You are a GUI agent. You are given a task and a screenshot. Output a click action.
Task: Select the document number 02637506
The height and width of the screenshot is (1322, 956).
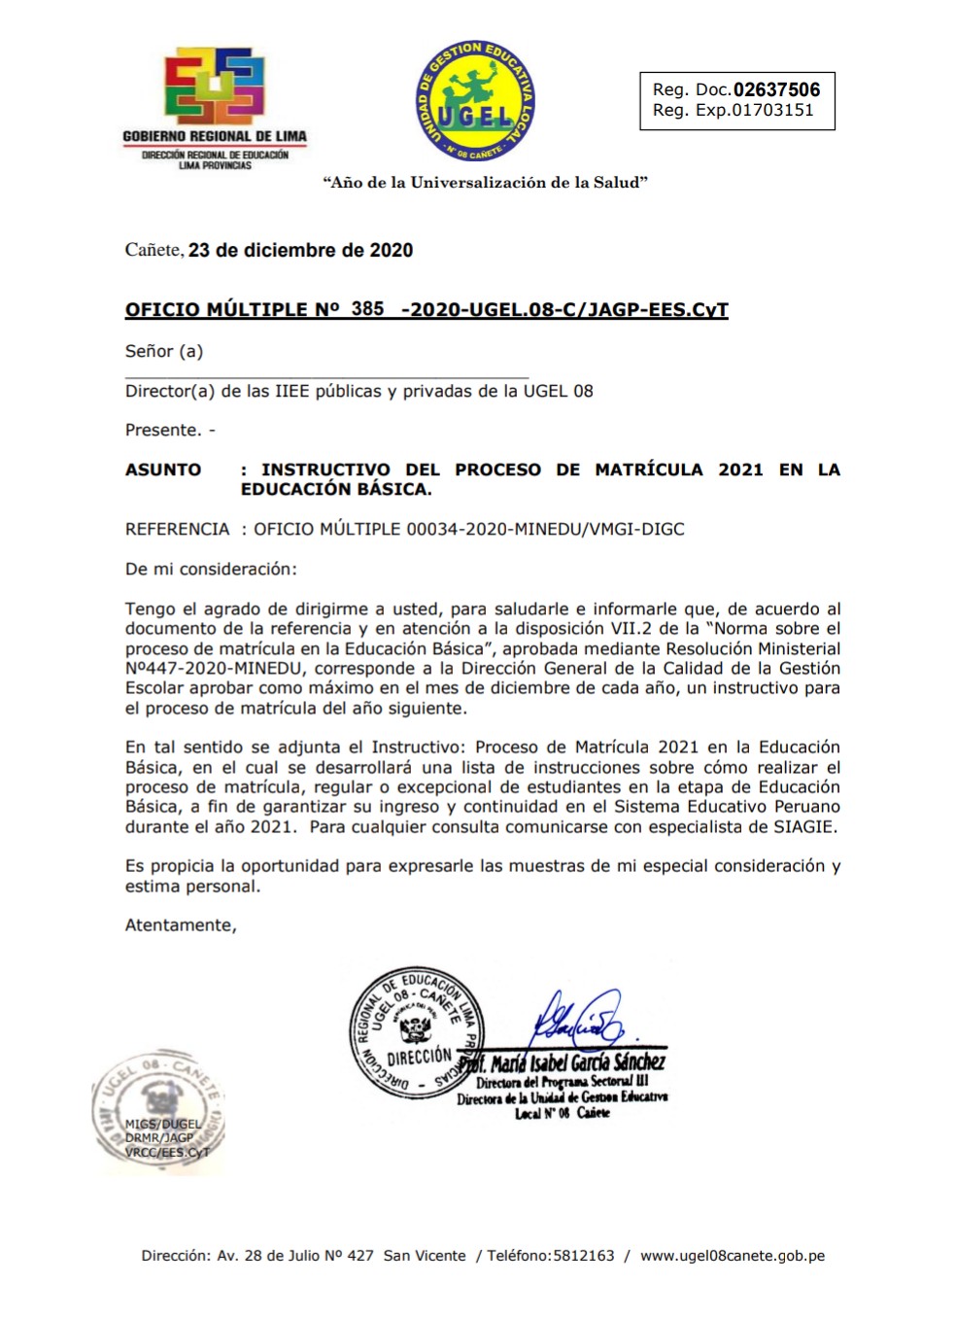coord(776,89)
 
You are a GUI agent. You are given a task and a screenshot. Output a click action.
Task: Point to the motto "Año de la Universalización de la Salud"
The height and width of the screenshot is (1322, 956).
coord(485,182)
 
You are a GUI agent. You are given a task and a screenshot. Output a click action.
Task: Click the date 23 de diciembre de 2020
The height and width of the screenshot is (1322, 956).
coord(300,250)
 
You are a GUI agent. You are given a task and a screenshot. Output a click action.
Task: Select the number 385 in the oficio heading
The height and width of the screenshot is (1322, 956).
coord(367,308)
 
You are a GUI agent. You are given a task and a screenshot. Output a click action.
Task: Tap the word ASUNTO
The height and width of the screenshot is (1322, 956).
coord(163,470)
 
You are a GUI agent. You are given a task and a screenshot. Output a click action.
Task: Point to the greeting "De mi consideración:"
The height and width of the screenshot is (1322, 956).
coord(211,569)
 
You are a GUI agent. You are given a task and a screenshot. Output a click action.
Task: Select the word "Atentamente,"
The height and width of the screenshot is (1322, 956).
coord(181,925)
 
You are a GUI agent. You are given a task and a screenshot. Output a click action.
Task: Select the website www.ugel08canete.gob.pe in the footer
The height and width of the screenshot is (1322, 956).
coord(732,1255)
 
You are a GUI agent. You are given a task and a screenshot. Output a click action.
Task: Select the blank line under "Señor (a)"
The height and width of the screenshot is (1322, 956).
coord(326,374)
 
